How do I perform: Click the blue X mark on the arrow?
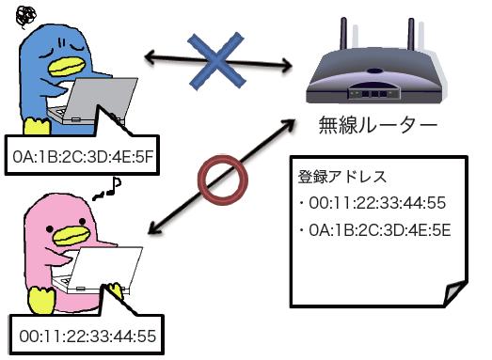point(218,59)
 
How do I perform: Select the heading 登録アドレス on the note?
point(337,176)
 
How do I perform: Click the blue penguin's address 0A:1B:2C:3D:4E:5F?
point(79,156)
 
